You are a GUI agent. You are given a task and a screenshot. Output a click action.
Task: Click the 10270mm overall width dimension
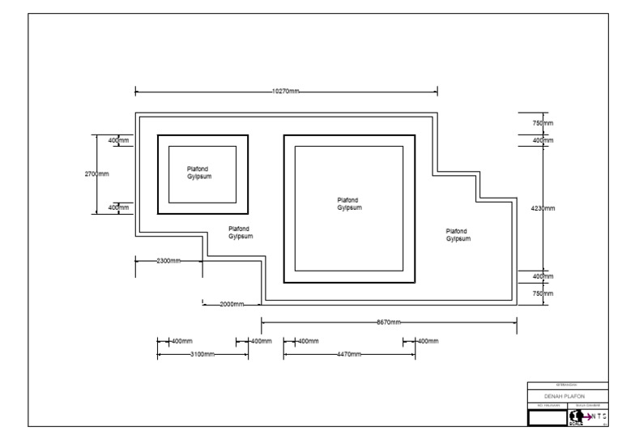[x=285, y=92]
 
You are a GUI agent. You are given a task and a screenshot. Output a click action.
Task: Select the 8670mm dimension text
[x=389, y=323]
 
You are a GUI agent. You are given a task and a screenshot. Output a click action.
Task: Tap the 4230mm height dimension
[x=543, y=208]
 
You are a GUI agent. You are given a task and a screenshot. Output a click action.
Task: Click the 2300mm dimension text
[x=168, y=261]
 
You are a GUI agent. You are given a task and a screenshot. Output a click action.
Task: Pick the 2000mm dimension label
[x=232, y=305]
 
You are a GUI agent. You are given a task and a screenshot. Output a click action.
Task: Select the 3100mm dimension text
[x=202, y=355]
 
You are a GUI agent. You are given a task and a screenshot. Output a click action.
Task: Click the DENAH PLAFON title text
[x=566, y=395]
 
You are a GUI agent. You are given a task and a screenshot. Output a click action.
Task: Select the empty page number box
[x=547, y=417]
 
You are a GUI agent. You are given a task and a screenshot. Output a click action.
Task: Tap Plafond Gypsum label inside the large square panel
[x=349, y=203]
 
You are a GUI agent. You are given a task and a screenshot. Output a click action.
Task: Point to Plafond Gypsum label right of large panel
[x=458, y=235]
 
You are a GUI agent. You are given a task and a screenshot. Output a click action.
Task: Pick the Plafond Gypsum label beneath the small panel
[x=241, y=233]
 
